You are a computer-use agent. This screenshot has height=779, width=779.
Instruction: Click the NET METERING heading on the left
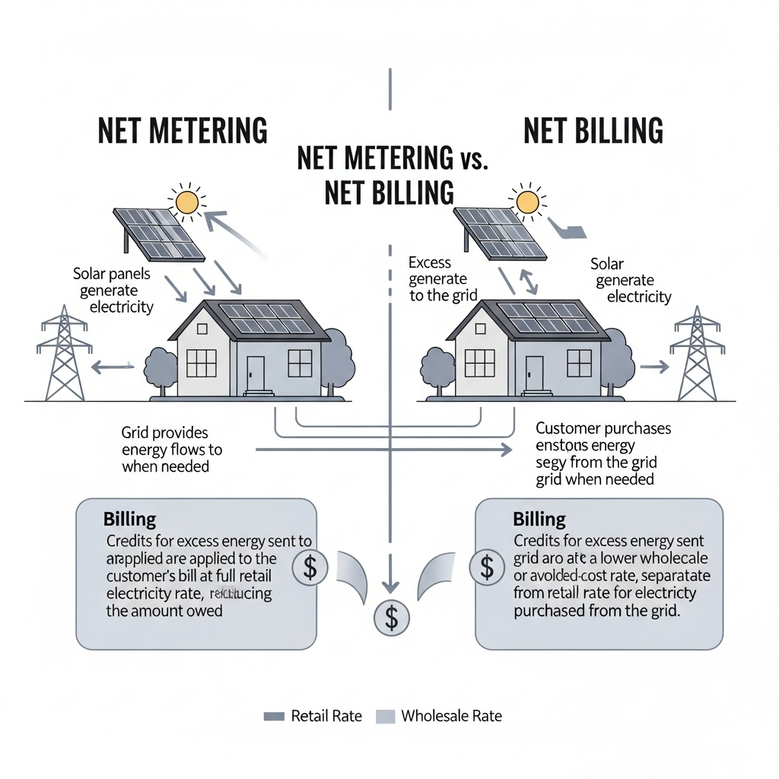click(x=183, y=131)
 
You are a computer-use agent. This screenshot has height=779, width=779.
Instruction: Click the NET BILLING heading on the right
click(x=593, y=131)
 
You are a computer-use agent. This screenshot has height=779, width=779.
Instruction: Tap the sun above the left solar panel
click(x=186, y=202)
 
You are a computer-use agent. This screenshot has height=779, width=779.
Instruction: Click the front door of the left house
click(x=256, y=372)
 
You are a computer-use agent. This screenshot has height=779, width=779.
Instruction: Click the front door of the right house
click(x=534, y=372)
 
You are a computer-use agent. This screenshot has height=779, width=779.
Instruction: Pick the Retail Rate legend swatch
click(x=273, y=716)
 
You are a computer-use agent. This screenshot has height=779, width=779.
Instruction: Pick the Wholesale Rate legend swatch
click(x=386, y=716)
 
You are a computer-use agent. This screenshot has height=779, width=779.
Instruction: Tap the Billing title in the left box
click(x=129, y=520)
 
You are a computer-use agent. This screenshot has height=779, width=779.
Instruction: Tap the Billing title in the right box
click(x=539, y=520)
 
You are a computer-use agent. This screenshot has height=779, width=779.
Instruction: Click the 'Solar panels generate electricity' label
click(x=112, y=290)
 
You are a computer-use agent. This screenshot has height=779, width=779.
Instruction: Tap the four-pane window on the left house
click(x=202, y=363)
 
